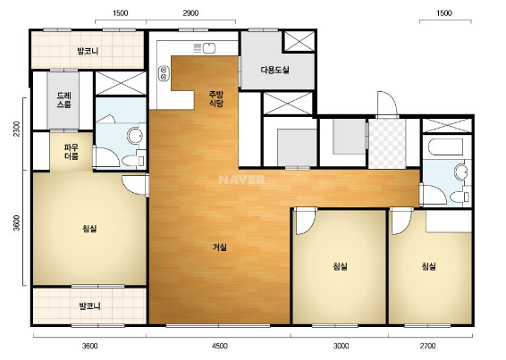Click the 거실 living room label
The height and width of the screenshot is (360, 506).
coord(220,247)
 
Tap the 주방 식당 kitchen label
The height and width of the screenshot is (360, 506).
coord(216,99)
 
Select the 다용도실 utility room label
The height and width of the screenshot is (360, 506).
coord(275,70)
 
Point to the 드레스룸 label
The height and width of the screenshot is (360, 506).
coord(63,100)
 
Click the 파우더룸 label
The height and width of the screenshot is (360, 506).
coord(72,152)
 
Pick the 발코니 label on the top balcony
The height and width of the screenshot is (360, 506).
coord(88,51)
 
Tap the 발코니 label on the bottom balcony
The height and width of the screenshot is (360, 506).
coord(89,306)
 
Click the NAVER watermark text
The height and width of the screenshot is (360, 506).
coord(241,180)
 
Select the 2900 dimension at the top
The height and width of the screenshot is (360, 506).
coord(190,13)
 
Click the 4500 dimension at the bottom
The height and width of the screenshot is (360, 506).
coord(219,346)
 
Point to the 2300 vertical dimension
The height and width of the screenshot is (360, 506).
coord(17,129)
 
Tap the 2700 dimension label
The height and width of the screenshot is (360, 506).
coord(427,346)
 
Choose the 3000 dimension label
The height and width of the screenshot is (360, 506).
coord(341,346)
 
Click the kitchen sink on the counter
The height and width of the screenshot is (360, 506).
coord(209,48)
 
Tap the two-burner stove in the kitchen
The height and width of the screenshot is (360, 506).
coord(164,73)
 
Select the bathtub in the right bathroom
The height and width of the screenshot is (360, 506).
coord(445,147)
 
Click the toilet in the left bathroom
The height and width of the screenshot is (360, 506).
coord(133,161)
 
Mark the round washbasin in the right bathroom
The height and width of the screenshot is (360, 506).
coord(460,172)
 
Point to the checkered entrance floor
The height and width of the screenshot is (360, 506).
coord(387,144)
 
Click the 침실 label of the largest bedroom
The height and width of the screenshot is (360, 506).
coord(89,229)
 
